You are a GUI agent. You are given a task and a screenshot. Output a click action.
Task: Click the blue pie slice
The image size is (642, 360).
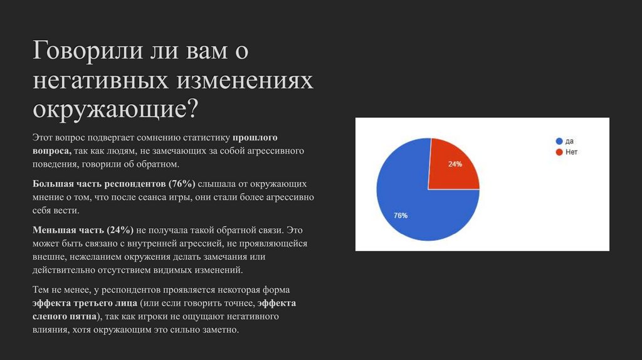point(414,201)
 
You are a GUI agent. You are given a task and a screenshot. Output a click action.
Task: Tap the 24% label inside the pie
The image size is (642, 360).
point(455,164)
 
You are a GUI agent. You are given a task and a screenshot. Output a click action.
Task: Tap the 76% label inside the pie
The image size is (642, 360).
point(401,216)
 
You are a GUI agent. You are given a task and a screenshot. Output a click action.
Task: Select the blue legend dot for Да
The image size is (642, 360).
point(559,141)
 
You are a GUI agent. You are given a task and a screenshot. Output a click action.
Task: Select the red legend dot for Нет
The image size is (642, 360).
point(559,152)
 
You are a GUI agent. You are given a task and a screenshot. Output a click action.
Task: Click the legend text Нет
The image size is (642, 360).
point(571,152)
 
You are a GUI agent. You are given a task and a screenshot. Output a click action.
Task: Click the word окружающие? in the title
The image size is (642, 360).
point(115,109)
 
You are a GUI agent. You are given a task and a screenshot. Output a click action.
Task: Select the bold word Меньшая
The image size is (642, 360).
point(53,230)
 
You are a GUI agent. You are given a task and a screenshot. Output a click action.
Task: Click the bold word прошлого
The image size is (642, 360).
point(255,137)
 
